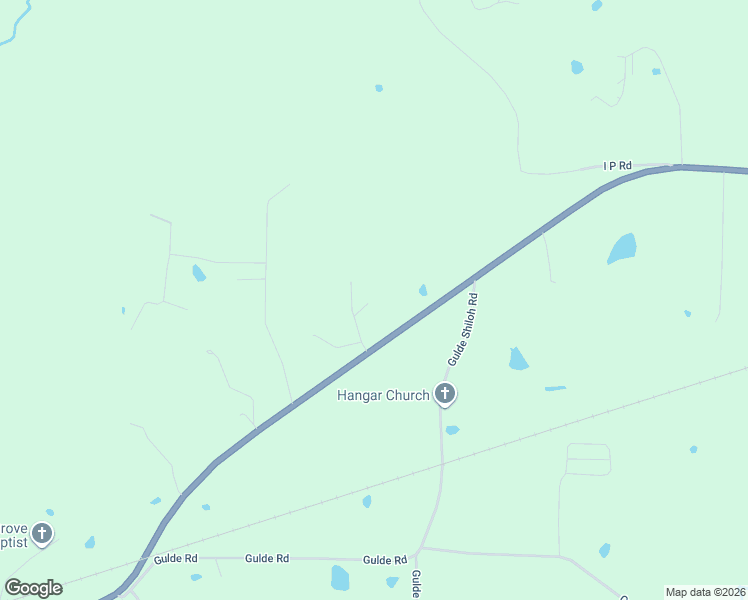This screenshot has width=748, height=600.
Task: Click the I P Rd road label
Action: [x=618, y=165]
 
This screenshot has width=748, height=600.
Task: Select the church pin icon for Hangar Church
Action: [x=445, y=394]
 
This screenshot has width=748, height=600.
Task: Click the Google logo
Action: [x=33, y=588]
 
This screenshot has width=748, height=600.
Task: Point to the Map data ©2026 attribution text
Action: [x=705, y=591]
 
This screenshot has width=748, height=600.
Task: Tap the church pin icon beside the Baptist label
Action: [x=41, y=533]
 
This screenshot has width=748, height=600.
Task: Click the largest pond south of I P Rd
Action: [x=622, y=248]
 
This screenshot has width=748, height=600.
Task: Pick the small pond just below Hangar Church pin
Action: [x=452, y=430]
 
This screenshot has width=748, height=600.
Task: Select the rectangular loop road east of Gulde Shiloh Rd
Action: [x=588, y=459]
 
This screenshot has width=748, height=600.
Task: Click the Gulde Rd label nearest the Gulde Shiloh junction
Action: [x=385, y=560]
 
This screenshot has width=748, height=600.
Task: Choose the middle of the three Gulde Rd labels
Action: [x=267, y=558]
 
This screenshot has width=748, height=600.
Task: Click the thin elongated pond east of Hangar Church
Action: [x=555, y=388]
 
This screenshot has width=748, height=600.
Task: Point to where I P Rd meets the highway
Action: [x=680, y=166]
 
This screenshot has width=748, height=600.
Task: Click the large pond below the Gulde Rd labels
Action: [x=340, y=578]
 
